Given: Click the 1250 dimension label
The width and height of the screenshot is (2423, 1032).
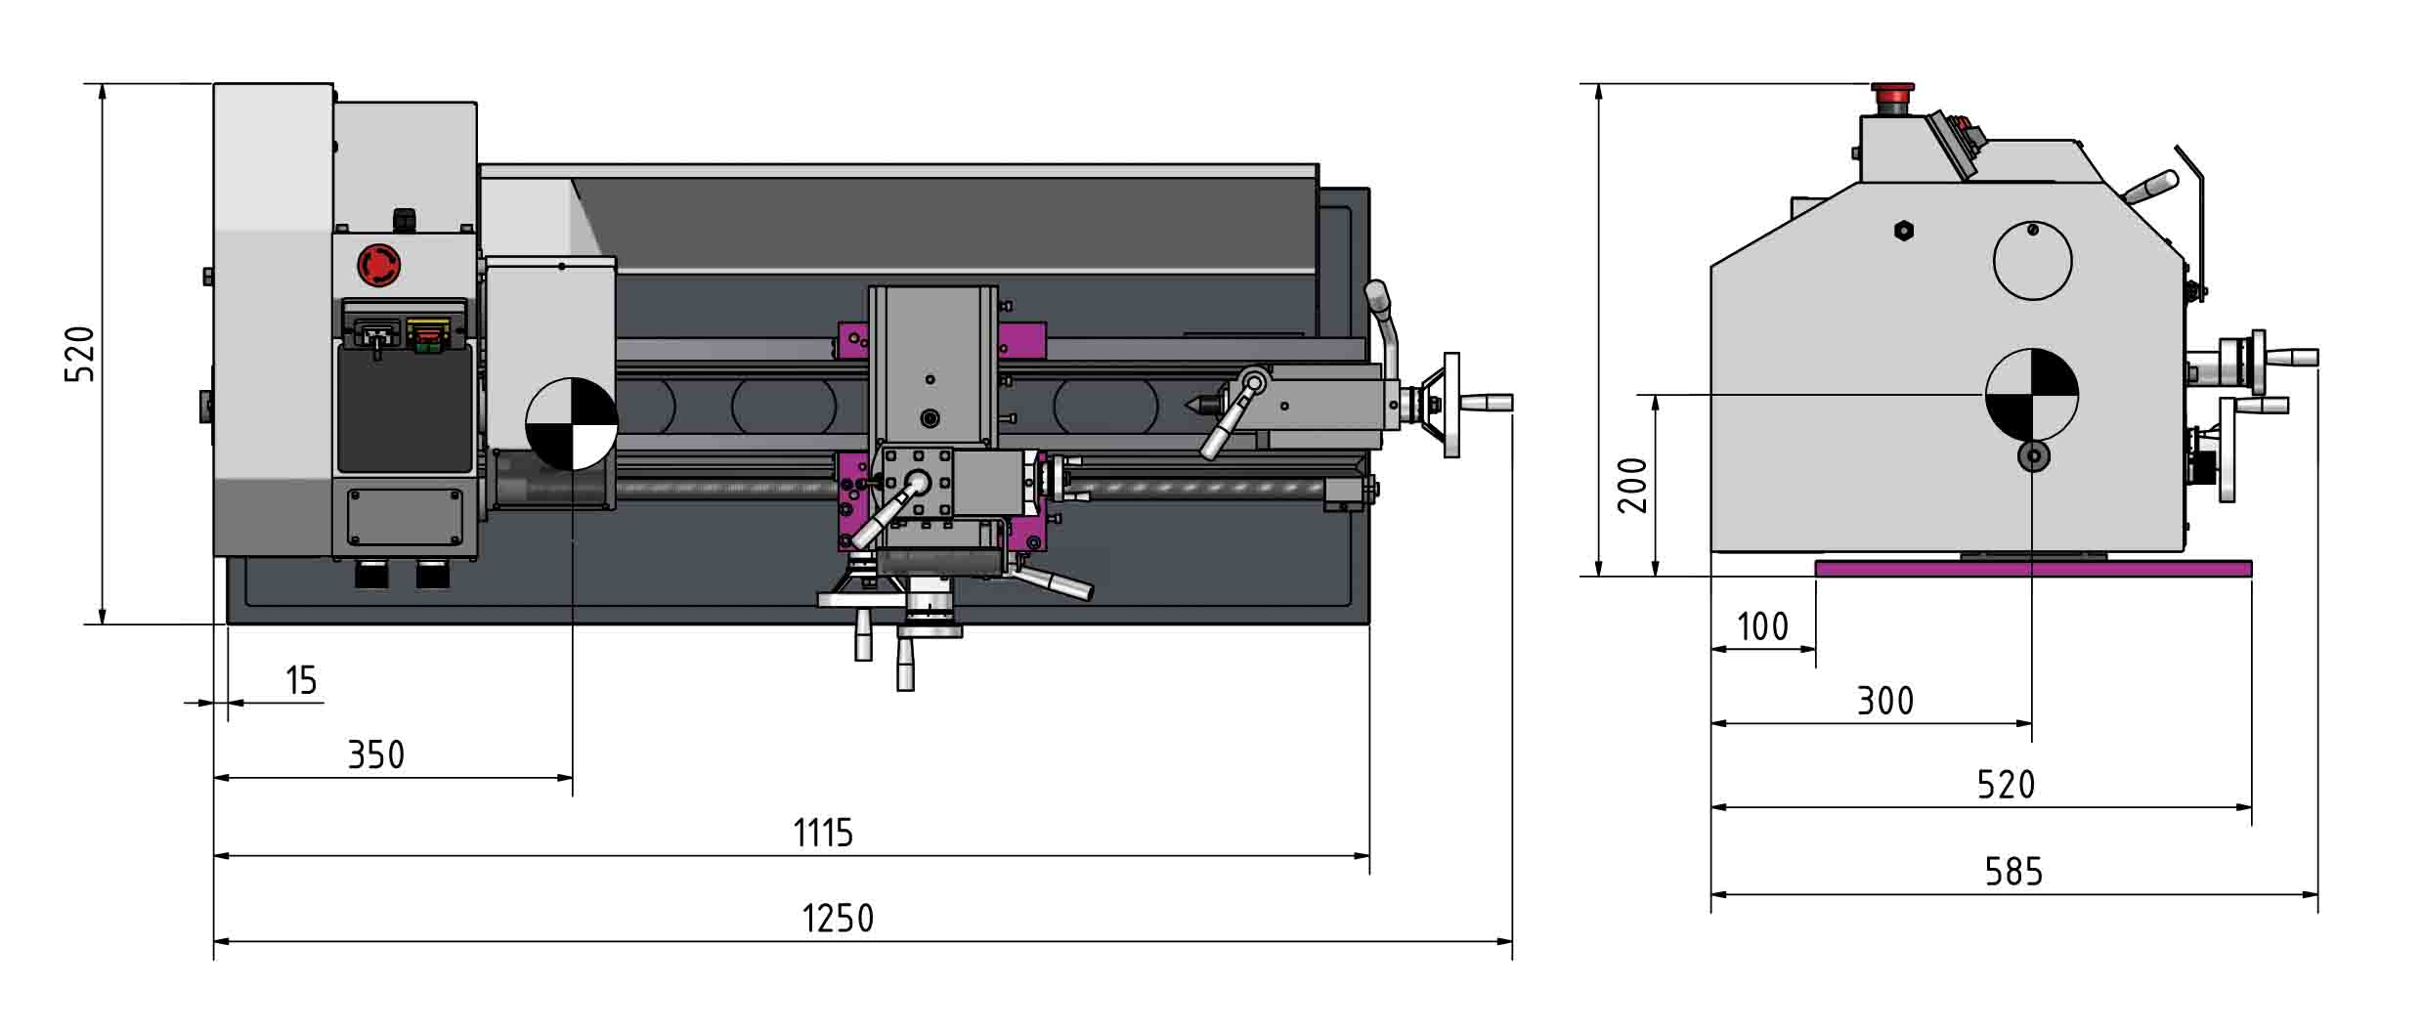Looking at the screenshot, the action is coord(838,918).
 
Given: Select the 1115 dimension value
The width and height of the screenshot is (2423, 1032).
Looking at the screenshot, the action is coord(823,833).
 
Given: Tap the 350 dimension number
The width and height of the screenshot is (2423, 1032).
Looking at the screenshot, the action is coord(376,754).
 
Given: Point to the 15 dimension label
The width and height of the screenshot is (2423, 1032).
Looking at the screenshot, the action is coord(302,680).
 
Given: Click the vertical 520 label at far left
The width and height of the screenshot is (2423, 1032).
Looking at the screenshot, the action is coord(80,354).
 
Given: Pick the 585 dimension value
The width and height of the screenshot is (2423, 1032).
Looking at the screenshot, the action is coord(2013,871).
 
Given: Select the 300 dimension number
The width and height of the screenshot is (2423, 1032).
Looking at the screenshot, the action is coord(1885,701).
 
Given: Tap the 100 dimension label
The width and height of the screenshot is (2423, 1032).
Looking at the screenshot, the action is coord(1762,626).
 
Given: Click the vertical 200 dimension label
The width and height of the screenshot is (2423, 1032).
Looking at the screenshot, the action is coord(1632,485).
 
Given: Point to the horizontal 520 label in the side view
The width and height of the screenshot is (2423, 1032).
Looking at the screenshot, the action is coord(2006,785).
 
